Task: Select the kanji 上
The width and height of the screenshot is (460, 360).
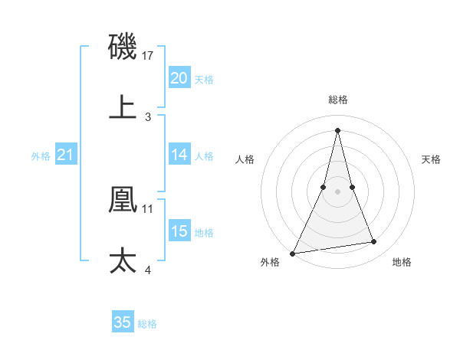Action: tap(123, 106)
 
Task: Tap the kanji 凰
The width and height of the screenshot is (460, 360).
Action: tap(123, 198)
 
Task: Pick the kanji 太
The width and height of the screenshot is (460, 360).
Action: tap(123, 260)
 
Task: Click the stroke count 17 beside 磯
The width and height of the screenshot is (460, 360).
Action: tap(149, 56)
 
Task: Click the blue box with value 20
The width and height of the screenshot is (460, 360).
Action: tap(179, 78)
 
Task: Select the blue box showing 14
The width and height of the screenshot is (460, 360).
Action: tap(179, 155)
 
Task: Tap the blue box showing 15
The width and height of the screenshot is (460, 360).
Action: tap(179, 231)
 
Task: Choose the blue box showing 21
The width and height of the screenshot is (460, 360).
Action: tap(65, 155)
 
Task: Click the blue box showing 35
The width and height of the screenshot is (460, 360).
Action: tap(123, 322)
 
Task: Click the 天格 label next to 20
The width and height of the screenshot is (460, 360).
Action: tap(204, 80)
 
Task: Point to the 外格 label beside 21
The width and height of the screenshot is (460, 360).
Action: tap(41, 156)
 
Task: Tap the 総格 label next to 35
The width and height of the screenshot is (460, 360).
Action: tap(147, 324)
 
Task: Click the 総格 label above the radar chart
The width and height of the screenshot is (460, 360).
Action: tap(337, 100)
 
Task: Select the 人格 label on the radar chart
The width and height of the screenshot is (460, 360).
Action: tap(245, 159)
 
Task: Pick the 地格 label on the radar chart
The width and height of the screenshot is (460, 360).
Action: tap(402, 263)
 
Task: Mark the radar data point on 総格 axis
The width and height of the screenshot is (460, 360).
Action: tap(337, 129)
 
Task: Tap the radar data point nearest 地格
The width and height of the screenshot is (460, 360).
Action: tap(374, 242)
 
